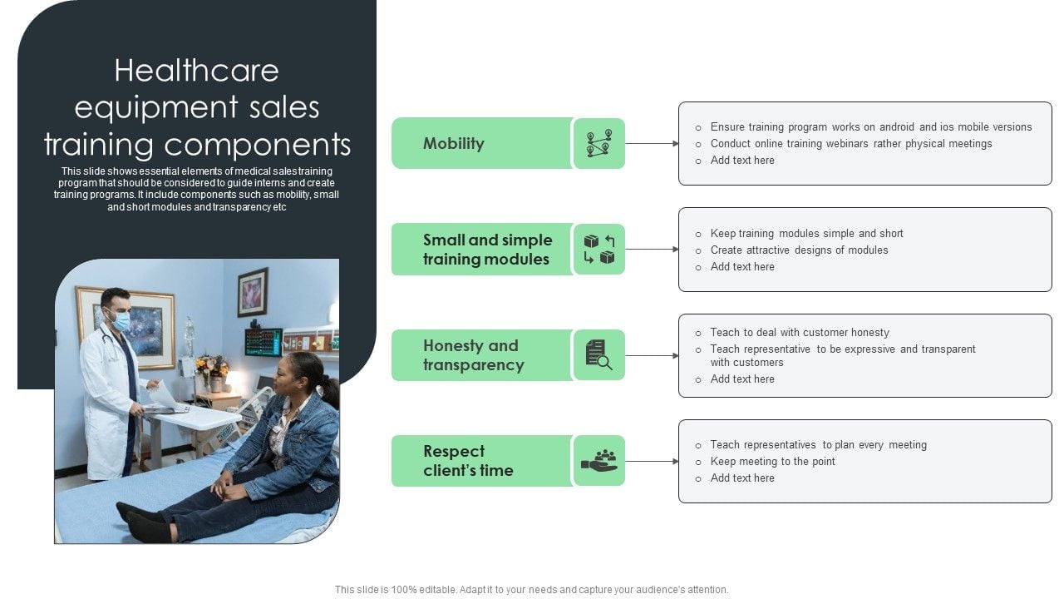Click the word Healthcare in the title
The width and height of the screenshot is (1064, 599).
pyautogui.click(x=196, y=71)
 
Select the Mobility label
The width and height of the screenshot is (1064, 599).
pyautogui.click(x=454, y=143)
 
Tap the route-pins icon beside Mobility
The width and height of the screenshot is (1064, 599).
pyautogui.click(x=599, y=143)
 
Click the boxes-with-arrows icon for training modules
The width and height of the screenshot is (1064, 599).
pyautogui.click(x=599, y=249)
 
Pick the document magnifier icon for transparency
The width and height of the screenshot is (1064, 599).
pyautogui.click(x=599, y=354)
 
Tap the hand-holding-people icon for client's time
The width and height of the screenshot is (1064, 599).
pyautogui.click(x=599, y=460)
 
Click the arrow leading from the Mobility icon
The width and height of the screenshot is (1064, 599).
pyautogui.click(x=652, y=144)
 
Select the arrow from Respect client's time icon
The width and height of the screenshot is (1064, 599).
pyautogui.click(x=652, y=461)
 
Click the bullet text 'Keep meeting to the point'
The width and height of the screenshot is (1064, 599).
pyautogui.click(x=772, y=461)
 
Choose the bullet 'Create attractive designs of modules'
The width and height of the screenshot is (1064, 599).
pyautogui.click(x=799, y=250)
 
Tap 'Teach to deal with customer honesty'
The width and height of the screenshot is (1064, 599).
pyautogui.click(x=800, y=332)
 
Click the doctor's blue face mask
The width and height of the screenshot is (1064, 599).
pyautogui.click(x=121, y=322)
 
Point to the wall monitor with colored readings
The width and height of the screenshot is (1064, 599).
pyautogui.click(x=264, y=342)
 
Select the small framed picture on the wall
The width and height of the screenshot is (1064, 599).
pyautogui.click(x=252, y=292)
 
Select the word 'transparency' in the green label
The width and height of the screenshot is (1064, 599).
pyautogui.click(x=474, y=365)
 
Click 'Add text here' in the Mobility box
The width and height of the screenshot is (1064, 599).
pyautogui.click(x=742, y=161)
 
